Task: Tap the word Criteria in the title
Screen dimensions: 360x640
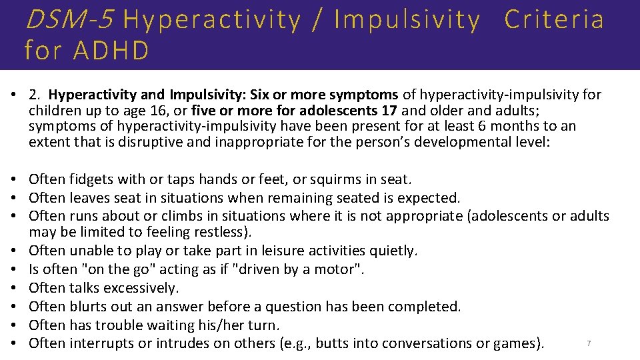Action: click(x=554, y=20)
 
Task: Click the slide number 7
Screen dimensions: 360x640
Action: click(x=588, y=343)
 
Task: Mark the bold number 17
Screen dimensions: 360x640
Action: click(x=389, y=110)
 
